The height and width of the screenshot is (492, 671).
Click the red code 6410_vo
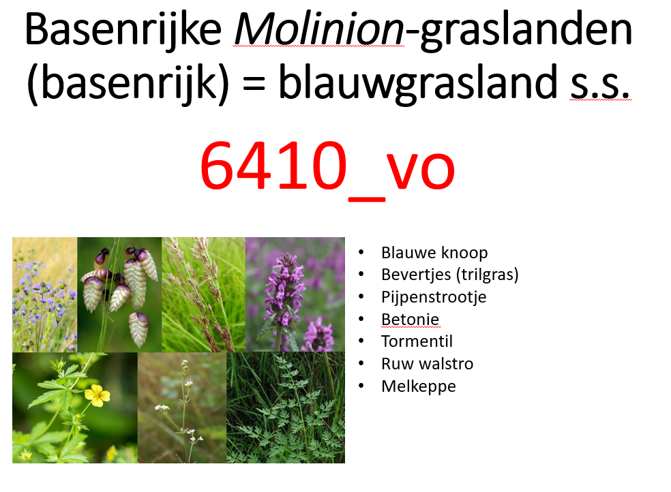(x=327, y=167)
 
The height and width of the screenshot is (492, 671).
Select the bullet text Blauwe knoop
(x=434, y=253)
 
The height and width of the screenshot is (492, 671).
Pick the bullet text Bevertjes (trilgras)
(x=450, y=275)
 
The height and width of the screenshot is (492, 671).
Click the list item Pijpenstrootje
(x=434, y=297)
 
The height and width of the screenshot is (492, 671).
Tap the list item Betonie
(x=410, y=319)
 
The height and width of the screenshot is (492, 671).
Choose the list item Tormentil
(x=417, y=341)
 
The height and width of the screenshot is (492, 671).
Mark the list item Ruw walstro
(x=427, y=364)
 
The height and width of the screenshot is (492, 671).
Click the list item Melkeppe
(x=419, y=386)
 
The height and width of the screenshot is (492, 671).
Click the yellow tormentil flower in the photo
(x=97, y=394)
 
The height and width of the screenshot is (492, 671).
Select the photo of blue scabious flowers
(x=44, y=294)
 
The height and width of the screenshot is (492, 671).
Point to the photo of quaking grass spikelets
(x=119, y=294)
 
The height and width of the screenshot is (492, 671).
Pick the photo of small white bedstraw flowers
(x=181, y=408)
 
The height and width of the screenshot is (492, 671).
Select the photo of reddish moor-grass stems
(x=203, y=294)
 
